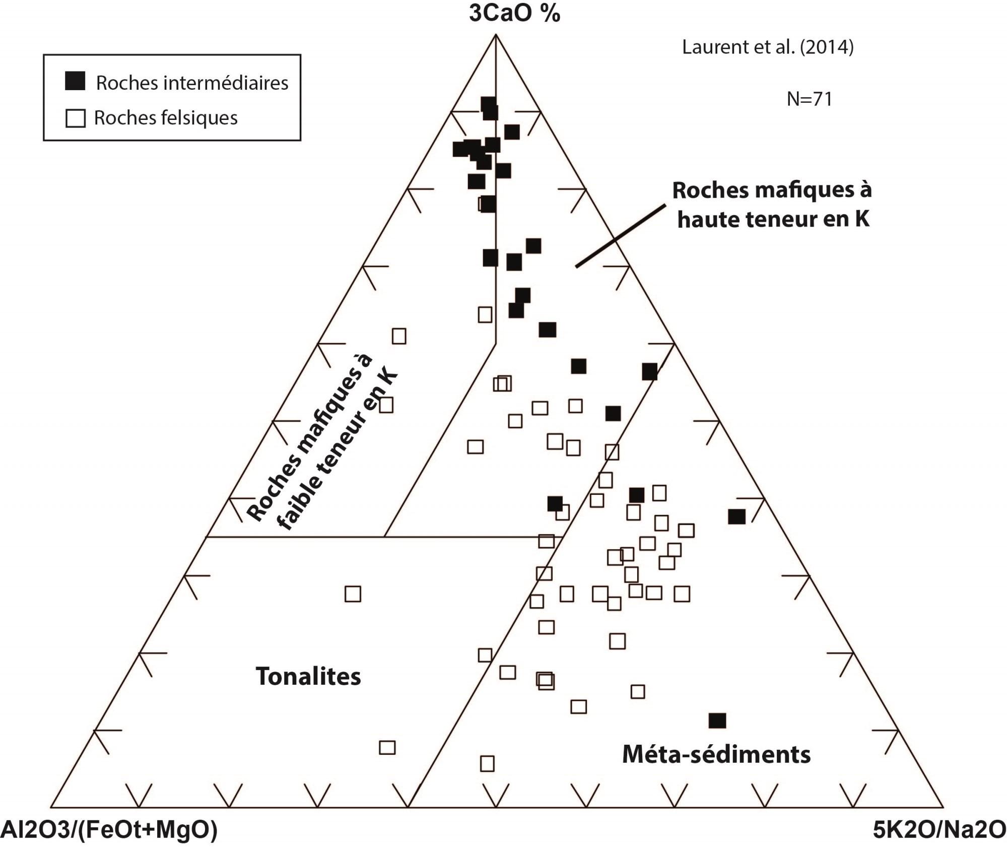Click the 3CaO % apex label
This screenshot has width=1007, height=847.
coord(514,14)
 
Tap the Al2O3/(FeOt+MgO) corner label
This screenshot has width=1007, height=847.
coord(109,830)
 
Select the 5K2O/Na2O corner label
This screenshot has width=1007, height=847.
coord(939,830)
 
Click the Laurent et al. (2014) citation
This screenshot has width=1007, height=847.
coord(768,47)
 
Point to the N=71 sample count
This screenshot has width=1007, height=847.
coord(810,99)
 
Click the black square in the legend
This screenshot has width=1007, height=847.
coord(75,81)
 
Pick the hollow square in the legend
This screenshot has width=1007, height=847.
coord(76,118)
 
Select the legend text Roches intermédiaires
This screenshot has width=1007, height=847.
coord(192,83)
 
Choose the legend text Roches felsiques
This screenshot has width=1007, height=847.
coord(166,118)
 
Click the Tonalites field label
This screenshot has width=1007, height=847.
coord(308,676)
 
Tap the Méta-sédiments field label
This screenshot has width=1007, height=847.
coord(716,754)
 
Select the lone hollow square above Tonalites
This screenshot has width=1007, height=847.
coord(353,594)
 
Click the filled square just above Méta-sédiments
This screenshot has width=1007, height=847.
coord(717,721)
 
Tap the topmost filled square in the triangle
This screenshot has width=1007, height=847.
coord(488,104)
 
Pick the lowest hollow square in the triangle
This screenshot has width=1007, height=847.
coord(487,763)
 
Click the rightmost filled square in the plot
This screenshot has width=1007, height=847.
coord(736,516)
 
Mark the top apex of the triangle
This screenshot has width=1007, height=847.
coord(496,34)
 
